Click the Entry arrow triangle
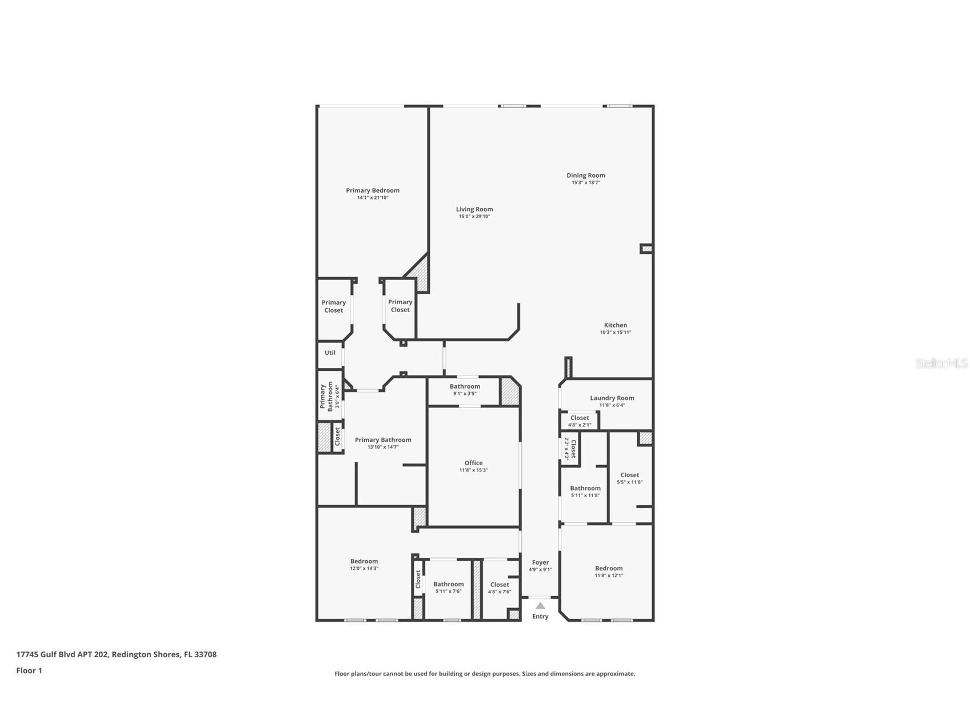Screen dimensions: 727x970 pos(540,605)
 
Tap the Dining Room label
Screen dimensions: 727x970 pos(585,175)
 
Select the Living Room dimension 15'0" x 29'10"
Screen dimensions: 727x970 pos(474,217)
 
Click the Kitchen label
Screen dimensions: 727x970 pos(615,325)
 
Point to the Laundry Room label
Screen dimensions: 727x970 pos(612,398)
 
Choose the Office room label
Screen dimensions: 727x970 pos(473,463)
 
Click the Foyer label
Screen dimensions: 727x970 pos(540,562)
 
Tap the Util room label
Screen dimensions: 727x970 pos(330,353)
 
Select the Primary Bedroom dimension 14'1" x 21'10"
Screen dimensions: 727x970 pos(373,198)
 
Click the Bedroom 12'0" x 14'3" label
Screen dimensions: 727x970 pos(364,561)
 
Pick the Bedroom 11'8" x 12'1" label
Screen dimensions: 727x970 pos(608,568)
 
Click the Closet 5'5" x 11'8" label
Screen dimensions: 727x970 pos(629,475)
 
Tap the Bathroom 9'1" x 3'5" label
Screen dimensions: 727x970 pos(464,386)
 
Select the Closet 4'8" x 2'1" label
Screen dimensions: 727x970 pos(579,418)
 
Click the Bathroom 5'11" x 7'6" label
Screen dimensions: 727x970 pos(448,584)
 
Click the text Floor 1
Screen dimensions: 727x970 pos(29,670)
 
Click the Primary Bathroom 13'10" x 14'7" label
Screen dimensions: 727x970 pos(382,440)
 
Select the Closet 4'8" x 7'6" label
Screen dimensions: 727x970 pos(499,585)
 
